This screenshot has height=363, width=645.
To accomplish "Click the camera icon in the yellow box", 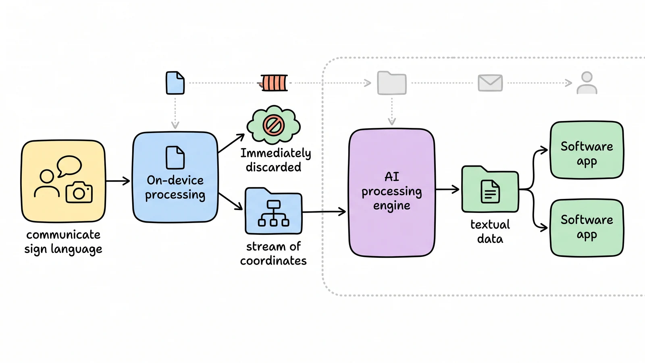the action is click(x=79, y=192).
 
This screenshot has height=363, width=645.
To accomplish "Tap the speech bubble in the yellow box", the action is click(x=69, y=166).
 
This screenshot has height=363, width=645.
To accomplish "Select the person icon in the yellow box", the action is click(x=47, y=183).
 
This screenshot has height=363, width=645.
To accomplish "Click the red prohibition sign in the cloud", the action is click(x=274, y=125).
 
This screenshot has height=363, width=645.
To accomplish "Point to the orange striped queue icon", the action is click(x=274, y=83).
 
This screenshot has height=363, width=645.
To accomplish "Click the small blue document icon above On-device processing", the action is click(x=175, y=83).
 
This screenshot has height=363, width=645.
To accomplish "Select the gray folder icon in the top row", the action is click(x=392, y=83).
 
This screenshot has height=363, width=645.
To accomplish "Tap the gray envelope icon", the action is click(x=490, y=83).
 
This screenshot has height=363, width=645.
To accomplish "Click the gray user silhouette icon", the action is click(x=587, y=83).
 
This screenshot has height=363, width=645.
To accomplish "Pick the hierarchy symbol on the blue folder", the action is click(x=274, y=213).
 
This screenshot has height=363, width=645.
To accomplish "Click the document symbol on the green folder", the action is click(x=490, y=191).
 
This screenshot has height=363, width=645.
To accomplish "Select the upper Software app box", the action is click(x=587, y=150).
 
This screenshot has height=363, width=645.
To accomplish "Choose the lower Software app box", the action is click(x=587, y=227).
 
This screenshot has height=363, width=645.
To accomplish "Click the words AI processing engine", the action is click(x=391, y=191).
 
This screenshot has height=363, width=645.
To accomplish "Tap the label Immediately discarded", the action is click(x=275, y=160).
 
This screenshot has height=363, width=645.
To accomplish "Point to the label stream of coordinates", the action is click(x=273, y=254).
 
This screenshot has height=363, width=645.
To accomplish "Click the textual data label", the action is click(x=490, y=232).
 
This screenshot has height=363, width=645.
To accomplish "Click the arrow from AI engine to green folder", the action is click(x=447, y=189).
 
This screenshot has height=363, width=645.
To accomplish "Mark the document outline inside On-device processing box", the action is click(x=175, y=158).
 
